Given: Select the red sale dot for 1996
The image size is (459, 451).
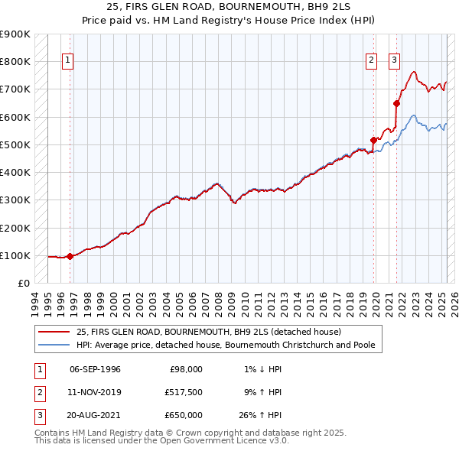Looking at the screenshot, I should tap(70, 256).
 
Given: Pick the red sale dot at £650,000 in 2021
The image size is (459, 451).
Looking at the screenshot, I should tap(396, 103).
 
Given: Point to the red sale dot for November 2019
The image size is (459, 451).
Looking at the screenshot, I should tap(374, 140).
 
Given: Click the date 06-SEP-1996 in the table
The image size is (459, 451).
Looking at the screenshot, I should tap(95, 369).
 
